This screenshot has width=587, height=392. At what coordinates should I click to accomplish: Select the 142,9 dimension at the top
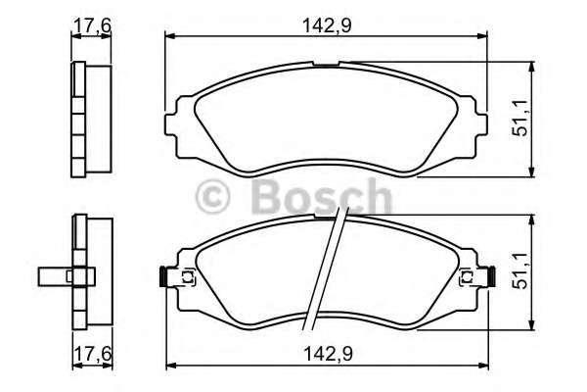tap(326, 24)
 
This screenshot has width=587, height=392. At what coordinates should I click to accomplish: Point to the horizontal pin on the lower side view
tap(54, 277)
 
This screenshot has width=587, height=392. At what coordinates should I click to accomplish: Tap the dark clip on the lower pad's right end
tap(488, 277)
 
